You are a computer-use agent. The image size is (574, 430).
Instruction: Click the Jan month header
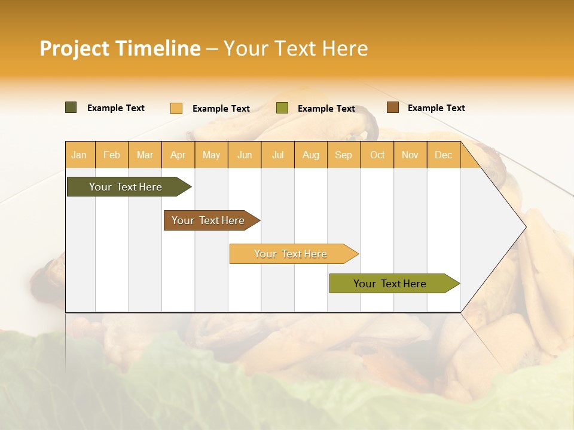(x=79, y=155)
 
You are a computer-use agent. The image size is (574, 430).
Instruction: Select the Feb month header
(x=112, y=155)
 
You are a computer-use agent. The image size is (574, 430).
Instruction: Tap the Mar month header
(x=145, y=155)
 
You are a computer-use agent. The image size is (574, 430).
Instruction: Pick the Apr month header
(x=178, y=155)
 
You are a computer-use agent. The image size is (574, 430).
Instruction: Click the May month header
(x=211, y=155)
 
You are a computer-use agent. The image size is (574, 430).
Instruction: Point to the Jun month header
(x=245, y=155)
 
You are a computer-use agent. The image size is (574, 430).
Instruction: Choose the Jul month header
(x=278, y=155)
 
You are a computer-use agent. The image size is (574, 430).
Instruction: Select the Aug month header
(x=311, y=155)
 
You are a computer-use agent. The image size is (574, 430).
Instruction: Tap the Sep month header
(x=344, y=155)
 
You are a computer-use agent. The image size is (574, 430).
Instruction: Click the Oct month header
(x=377, y=155)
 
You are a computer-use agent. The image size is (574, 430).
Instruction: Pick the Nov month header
(x=410, y=155)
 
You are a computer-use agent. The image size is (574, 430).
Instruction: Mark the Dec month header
(x=444, y=155)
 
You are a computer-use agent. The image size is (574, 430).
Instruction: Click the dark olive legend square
(x=71, y=107)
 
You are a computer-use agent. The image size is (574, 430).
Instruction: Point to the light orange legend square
(x=176, y=108)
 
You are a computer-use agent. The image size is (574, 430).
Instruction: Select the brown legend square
(x=393, y=107)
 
